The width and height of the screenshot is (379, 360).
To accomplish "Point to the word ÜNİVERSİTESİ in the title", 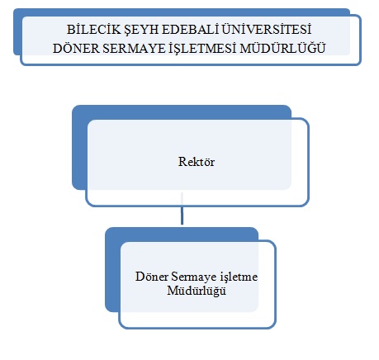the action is coord(267,29).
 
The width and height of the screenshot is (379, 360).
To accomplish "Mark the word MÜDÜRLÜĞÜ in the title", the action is coord(282,48).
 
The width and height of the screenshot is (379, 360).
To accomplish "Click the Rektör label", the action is coord(197,162).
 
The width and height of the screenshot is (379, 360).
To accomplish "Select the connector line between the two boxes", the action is coord(182,209).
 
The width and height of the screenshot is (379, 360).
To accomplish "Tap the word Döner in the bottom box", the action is coord(152,277).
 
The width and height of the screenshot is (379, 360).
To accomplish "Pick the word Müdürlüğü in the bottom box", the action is coord(197,291).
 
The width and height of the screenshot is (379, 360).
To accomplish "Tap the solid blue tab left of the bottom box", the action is coord(112,270).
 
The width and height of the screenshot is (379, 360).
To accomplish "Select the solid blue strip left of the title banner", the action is coord(17,31).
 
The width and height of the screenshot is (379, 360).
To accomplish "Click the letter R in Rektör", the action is coord(182,162).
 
